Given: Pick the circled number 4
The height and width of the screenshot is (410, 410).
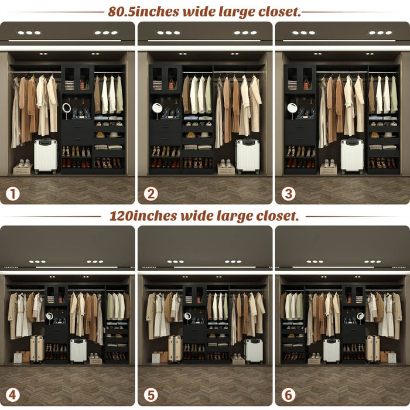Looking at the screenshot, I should [13, 395].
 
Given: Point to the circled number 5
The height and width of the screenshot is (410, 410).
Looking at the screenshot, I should [151, 395].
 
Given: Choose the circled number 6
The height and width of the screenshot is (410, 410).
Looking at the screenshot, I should [289, 395].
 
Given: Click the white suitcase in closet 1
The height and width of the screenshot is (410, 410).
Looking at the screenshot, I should [45, 156].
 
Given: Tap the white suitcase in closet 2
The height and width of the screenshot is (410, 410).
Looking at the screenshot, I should [247, 156].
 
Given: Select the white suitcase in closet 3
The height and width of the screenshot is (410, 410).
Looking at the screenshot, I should [352, 156].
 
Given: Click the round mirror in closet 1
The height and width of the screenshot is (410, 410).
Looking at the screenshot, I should [67, 108].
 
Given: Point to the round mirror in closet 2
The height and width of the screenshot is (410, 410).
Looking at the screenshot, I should [157, 108].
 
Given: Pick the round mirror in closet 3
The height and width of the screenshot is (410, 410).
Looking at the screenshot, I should [292, 108].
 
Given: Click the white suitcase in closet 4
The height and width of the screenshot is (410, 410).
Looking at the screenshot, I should [78, 351].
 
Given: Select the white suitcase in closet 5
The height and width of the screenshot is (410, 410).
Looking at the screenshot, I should [253, 351].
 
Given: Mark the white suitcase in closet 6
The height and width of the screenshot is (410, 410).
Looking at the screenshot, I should [332, 351].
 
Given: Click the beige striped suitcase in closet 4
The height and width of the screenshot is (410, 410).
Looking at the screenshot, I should [37, 349].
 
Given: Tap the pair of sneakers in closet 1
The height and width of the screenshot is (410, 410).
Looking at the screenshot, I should [23, 164].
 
